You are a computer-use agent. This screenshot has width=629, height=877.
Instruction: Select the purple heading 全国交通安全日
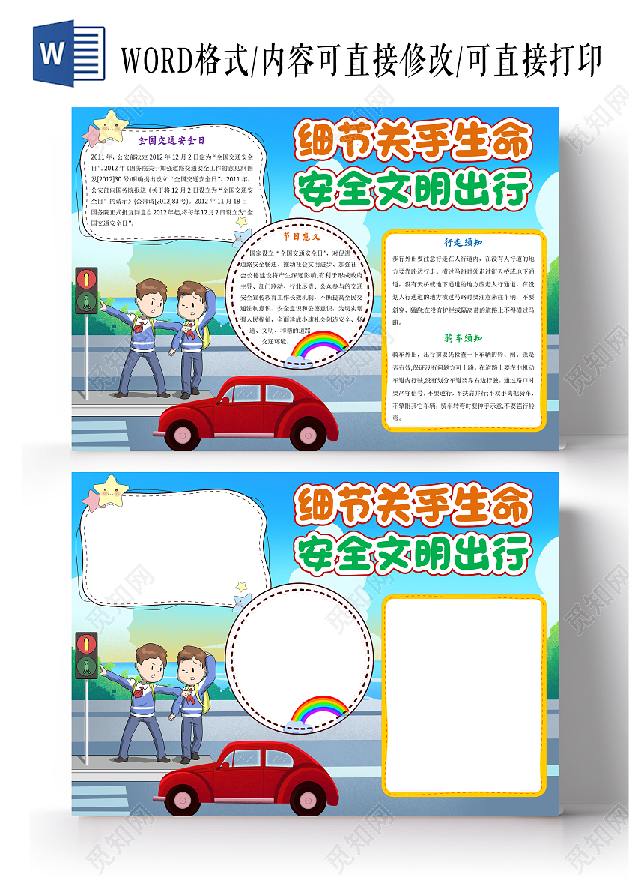[x=171, y=139]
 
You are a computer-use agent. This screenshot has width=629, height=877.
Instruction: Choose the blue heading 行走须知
[x=463, y=242]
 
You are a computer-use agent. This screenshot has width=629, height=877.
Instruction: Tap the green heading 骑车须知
[x=463, y=337]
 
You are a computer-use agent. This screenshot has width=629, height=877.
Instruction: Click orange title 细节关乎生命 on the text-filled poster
[x=413, y=141]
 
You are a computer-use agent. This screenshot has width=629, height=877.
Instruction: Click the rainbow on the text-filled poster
[x=320, y=346]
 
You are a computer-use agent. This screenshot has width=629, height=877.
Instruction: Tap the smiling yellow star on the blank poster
[x=112, y=492]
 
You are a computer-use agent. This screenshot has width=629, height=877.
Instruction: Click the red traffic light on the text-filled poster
[x=87, y=280]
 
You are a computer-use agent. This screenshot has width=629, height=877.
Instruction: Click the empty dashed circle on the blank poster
[x=298, y=652]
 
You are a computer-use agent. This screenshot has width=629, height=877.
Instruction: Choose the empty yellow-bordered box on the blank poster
[x=464, y=695]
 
